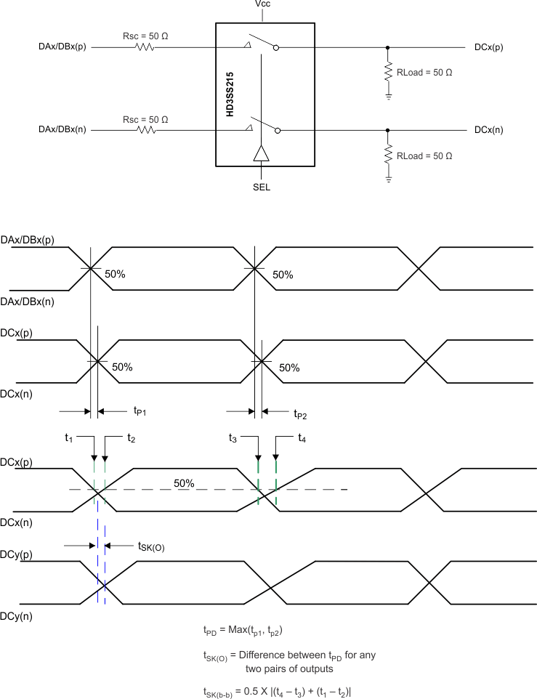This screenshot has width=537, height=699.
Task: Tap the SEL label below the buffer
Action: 261,186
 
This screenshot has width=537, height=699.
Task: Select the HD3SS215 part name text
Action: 230,94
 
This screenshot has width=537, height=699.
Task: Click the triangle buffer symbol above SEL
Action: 261,153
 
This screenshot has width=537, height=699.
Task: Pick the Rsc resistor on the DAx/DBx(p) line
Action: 145,48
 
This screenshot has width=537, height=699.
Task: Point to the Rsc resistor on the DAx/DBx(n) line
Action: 145,131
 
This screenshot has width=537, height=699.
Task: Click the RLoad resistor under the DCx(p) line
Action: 388,73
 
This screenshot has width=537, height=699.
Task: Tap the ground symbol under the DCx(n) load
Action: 388,179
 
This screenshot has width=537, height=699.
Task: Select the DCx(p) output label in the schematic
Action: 488,47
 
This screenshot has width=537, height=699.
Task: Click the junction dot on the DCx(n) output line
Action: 388,131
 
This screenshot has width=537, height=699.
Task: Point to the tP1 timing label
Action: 140,411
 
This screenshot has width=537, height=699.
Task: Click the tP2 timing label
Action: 300,414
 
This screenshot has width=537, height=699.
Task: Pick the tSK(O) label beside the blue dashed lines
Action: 150,546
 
